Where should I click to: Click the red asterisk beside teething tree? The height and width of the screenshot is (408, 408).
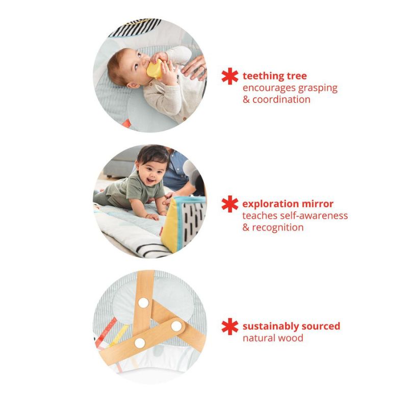click(230, 76)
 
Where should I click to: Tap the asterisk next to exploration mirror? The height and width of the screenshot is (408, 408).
click(230, 204)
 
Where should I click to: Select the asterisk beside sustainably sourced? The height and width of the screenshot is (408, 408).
click(230, 326)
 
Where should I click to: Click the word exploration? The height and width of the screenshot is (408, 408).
click(270, 205)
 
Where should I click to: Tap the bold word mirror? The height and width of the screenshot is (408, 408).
click(317, 205)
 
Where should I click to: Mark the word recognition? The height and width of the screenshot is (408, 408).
click(278, 227)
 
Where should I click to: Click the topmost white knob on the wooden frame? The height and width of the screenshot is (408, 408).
click(144, 303)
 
